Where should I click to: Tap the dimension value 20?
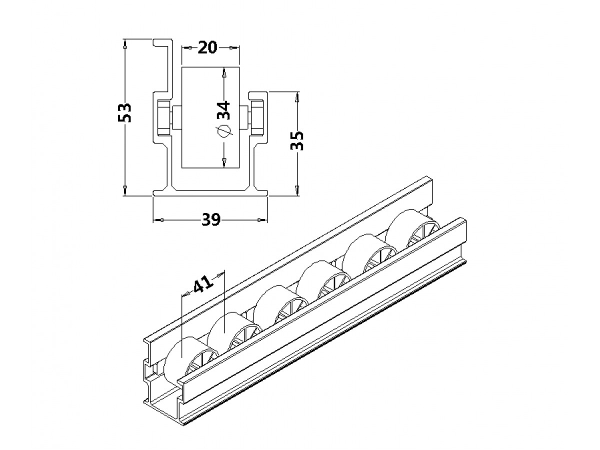tap(207, 48)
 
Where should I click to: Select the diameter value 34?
tap(223, 109)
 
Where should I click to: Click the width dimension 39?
tap(210, 220)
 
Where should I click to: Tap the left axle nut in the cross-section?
tap(162, 117)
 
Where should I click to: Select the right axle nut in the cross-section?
tap(257, 117)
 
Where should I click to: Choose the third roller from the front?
tap(277, 305)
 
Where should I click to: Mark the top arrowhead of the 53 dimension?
tap(125, 43)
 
